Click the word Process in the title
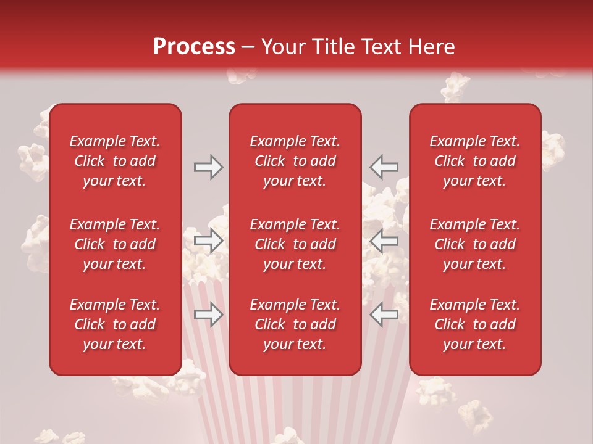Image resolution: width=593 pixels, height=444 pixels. click(194, 47)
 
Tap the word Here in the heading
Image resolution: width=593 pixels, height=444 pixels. click(432, 47)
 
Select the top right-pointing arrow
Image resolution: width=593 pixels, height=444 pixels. click(208, 167)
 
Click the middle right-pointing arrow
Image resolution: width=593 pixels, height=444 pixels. click(208, 240)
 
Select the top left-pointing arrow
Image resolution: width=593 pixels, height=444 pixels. click(384, 167)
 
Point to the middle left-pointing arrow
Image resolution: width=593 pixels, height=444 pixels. click(384, 240)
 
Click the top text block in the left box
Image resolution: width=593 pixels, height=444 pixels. click(115, 161)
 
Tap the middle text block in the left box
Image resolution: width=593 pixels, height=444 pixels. click(115, 244)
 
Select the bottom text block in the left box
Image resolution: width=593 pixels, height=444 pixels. click(115, 324)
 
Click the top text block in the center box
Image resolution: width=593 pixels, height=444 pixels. click(295, 161)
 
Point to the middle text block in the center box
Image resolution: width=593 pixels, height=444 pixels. click(295, 244)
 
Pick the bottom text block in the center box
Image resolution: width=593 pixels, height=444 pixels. click(295, 324)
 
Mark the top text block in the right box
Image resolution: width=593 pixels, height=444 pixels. click(475, 161)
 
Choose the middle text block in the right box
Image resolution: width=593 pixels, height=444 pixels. click(475, 244)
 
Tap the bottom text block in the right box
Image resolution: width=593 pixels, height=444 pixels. click(475, 324)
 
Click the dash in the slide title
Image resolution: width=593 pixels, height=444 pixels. click(248, 47)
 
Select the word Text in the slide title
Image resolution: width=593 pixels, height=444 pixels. click(384, 47)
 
